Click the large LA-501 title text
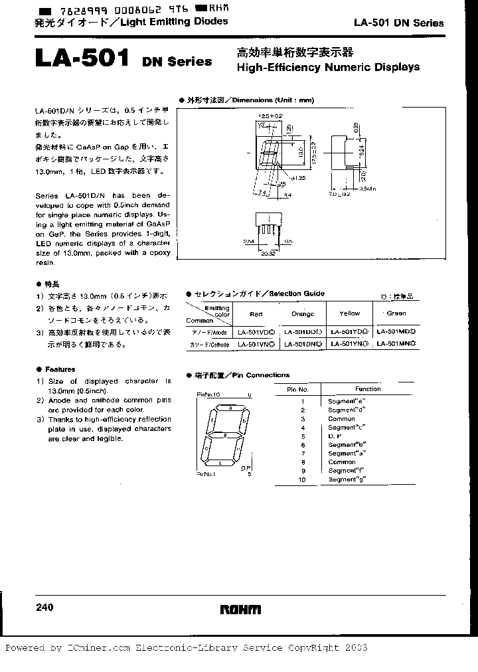click(81, 59)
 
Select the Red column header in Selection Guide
click(256, 313)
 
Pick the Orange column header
click(303, 313)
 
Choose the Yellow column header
click(349, 313)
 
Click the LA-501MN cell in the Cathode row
click(396, 344)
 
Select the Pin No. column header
click(297, 389)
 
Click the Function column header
click(367, 389)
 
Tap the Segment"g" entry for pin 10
click(347, 479)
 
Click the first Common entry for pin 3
click(341, 419)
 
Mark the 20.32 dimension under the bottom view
click(270, 252)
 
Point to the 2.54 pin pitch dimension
click(249, 242)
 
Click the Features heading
click(60, 369)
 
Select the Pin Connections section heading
click(241, 375)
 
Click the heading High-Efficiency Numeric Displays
click(328, 67)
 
